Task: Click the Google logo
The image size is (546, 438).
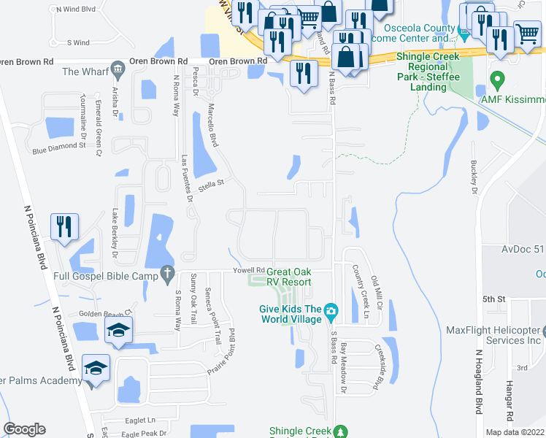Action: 24,429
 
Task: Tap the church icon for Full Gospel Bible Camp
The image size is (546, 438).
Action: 167,274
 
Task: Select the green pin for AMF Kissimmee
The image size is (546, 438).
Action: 497,79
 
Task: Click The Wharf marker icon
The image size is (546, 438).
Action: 118,72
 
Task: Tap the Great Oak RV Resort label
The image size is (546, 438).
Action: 293,277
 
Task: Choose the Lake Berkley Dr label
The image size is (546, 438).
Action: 115,233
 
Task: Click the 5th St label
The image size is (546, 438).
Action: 493,299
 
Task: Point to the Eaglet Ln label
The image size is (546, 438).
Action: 142,420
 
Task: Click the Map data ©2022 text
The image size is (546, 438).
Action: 514,432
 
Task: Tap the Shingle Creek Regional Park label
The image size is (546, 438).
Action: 428,72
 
